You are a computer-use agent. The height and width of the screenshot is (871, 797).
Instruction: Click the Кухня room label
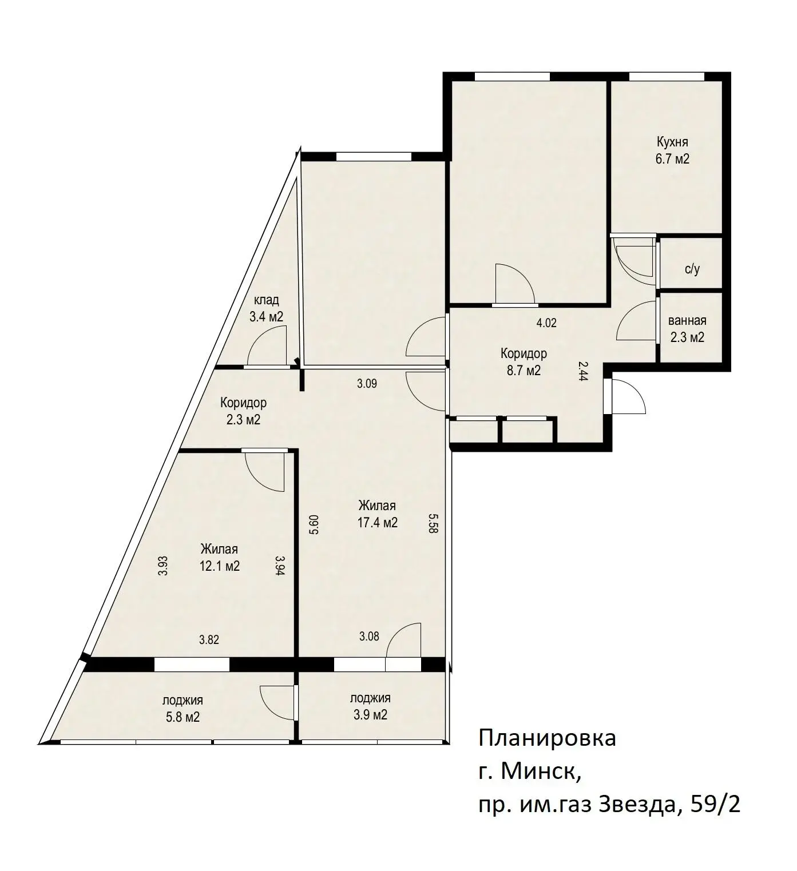[x=672, y=142]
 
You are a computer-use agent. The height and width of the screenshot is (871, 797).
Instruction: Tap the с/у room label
[x=692, y=269]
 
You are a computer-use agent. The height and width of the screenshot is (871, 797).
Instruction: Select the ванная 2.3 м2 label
[x=687, y=329]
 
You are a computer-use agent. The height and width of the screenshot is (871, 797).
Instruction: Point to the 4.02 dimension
[x=546, y=323]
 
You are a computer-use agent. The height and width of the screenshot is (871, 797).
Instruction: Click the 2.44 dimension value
[x=583, y=371]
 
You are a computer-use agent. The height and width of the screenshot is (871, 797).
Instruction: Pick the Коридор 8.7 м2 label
[x=524, y=361]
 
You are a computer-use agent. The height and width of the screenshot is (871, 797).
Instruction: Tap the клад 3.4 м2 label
[x=266, y=308]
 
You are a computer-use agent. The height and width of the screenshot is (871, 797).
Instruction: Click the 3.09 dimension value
[x=367, y=383]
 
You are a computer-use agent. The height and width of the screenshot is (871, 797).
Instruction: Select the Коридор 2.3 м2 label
[x=243, y=411]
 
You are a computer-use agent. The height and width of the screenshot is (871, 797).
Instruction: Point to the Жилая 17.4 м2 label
[x=377, y=514]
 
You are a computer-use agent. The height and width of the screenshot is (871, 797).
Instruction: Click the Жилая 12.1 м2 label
[x=219, y=557]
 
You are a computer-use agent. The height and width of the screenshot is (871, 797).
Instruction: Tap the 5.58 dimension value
[x=433, y=523]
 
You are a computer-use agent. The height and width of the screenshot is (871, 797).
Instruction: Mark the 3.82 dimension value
[x=209, y=639]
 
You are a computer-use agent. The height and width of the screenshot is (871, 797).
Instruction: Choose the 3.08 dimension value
[x=369, y=636]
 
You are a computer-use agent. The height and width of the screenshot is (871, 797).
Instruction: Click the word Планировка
[x=547, y=738]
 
